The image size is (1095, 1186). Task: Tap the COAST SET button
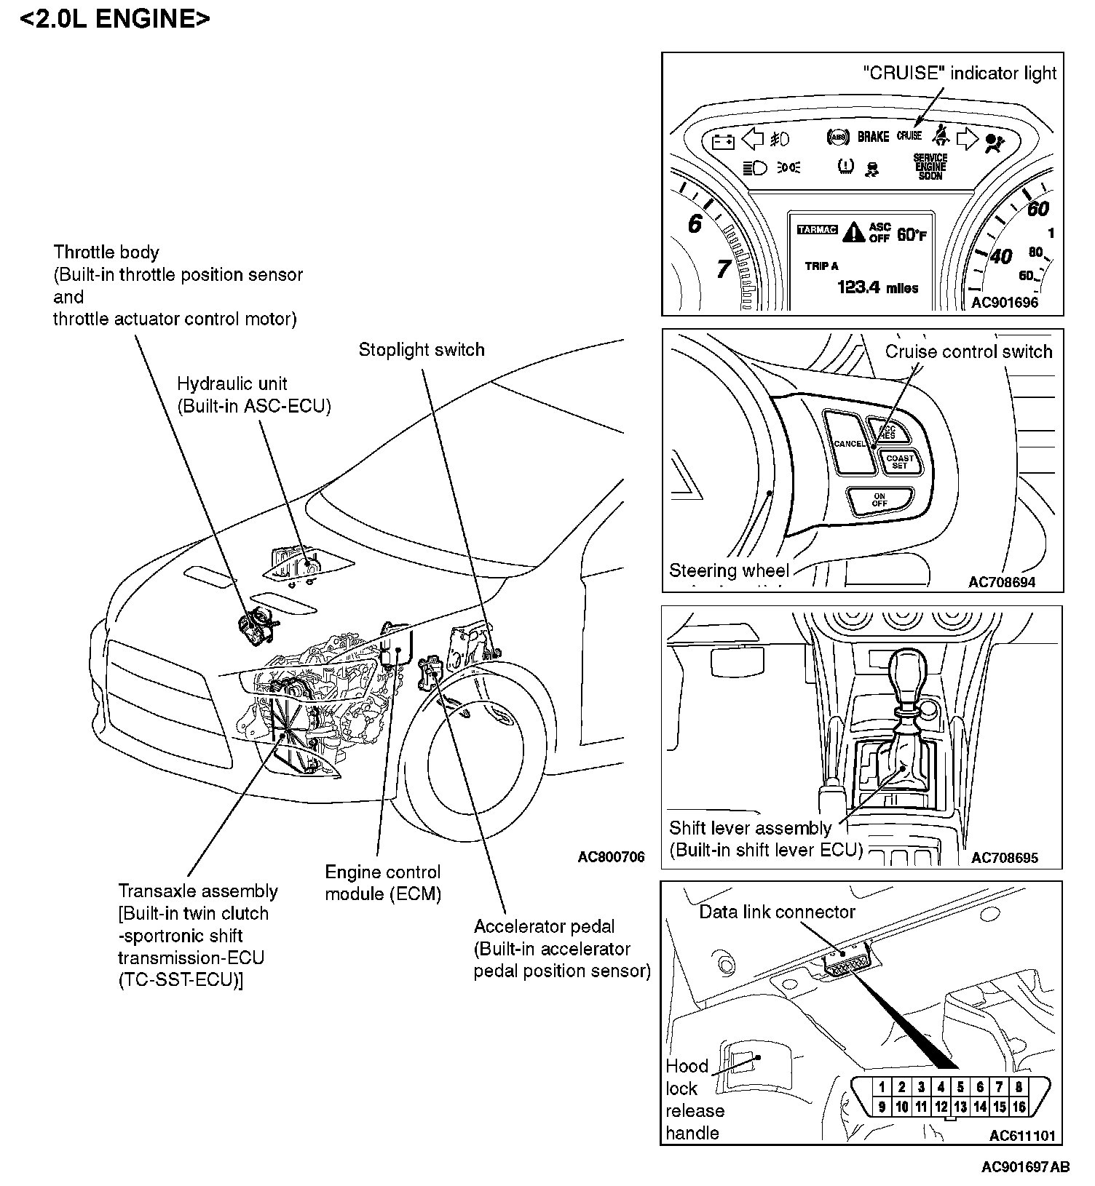click(900, 461)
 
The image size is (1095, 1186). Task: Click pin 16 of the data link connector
click(1019, 1107)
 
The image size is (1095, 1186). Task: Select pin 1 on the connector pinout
click(882, 1087)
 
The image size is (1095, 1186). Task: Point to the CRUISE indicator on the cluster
click(909, 135)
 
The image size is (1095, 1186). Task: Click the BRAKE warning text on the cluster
click(873, 136)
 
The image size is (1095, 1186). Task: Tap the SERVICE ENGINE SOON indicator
click(930, 167)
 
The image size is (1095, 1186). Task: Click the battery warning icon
click(723, 140)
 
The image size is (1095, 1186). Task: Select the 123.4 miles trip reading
click(877, 287)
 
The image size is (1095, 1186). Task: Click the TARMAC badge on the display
click(818, 230)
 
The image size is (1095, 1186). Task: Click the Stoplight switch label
click(422, 350)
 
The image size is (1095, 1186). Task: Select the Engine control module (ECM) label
click(383, 883)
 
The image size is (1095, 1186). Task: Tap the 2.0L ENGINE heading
click(115, 19)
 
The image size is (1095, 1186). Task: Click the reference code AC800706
click(611, 857)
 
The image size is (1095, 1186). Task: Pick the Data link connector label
click(777, 912)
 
